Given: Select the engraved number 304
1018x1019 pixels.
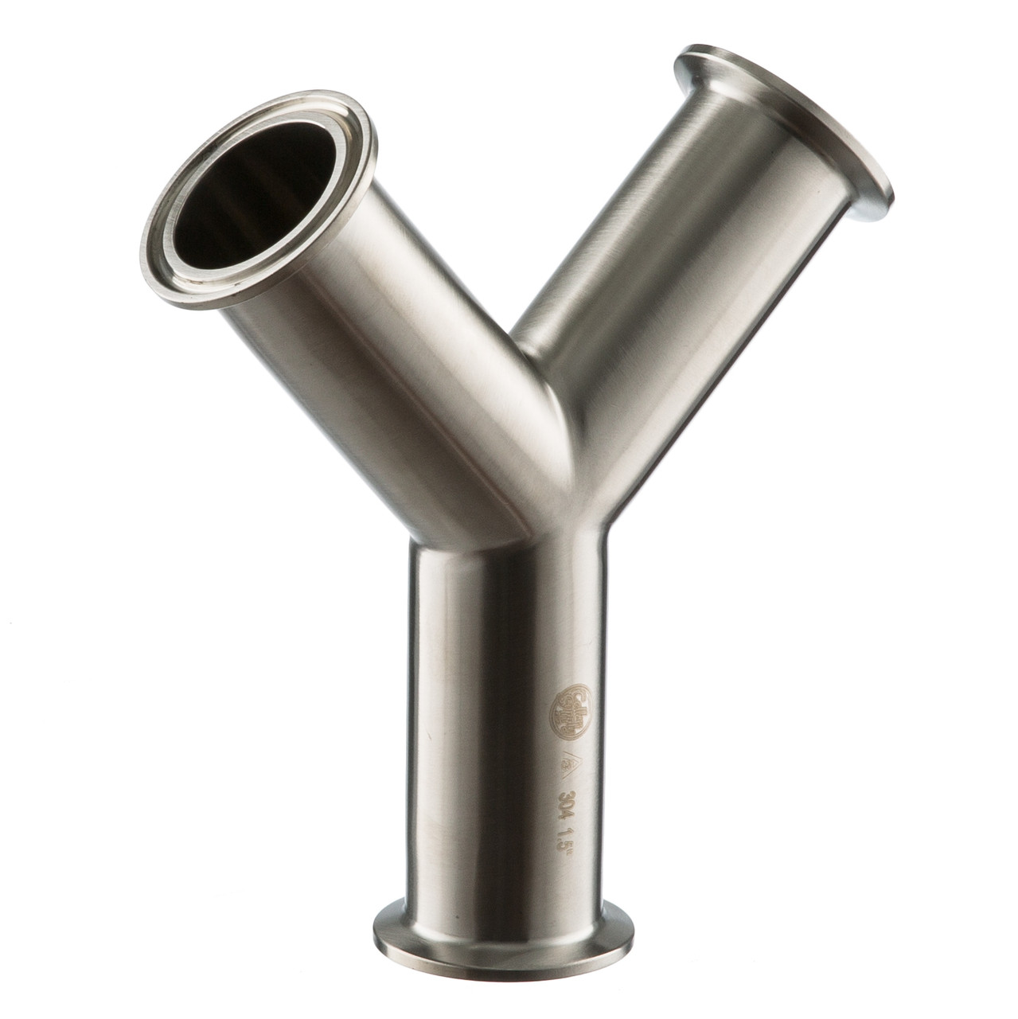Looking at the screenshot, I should [x=568, y=806].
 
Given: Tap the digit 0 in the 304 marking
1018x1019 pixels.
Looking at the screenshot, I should [x=568, y=806].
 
